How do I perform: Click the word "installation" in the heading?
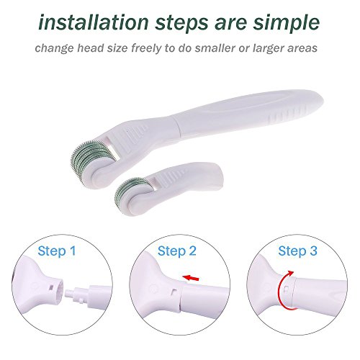(x=94, y=22)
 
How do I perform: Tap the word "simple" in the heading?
(x=287, y=24)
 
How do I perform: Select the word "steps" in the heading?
(x=181, y=24)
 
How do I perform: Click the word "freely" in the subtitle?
(x=146, y=48)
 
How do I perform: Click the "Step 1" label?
(x=57, y=251)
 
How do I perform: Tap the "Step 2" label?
(x=177, y=251)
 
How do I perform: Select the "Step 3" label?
(x=297, y=251)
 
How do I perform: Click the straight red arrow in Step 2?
(x=191, y=278)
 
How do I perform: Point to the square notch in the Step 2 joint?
(x=174, y=291)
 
